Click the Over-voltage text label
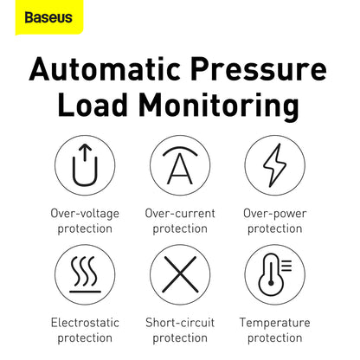pos(85,213)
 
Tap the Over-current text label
pos(180,213)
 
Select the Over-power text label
pos(274,213)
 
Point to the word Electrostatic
pos(85,322)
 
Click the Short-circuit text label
pos(180,322)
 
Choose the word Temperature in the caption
pos(274,322)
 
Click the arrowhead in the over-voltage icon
pos(85,151)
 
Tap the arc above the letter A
pos(180,150)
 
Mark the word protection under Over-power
pos(274,228)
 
